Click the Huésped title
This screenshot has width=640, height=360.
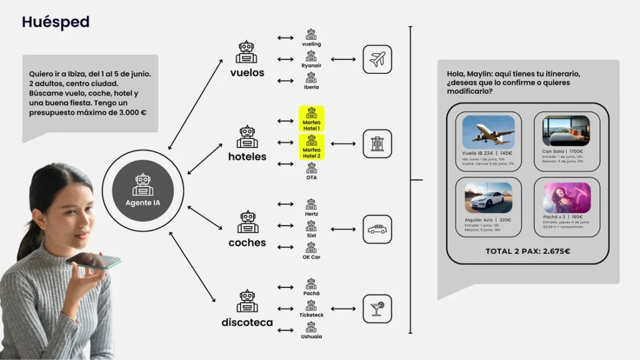coord(56,22)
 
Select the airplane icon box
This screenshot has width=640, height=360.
coord(377,59)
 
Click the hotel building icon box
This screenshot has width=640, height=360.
coord(377,144)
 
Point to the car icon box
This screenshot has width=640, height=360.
coord(377,229)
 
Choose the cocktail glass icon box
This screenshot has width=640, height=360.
coord(377,309)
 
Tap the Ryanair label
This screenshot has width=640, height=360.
coord(311,65)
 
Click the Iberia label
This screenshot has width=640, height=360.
coord(311,87)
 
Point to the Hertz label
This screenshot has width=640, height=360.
coord(311,214)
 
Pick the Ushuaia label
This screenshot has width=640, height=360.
coord(311,337)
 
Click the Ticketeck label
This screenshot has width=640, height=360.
coord(311,315)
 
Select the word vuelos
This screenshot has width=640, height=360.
coord(247,72)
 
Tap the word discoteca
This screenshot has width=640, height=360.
coord(247,322)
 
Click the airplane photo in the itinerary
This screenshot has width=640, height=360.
coord(488,132)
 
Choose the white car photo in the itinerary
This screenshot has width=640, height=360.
coord(488,198)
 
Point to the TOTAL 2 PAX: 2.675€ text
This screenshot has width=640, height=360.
coord(527,251)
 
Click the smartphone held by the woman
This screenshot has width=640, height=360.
coord(94,260)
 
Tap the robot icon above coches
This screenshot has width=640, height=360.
coord(247,222)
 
